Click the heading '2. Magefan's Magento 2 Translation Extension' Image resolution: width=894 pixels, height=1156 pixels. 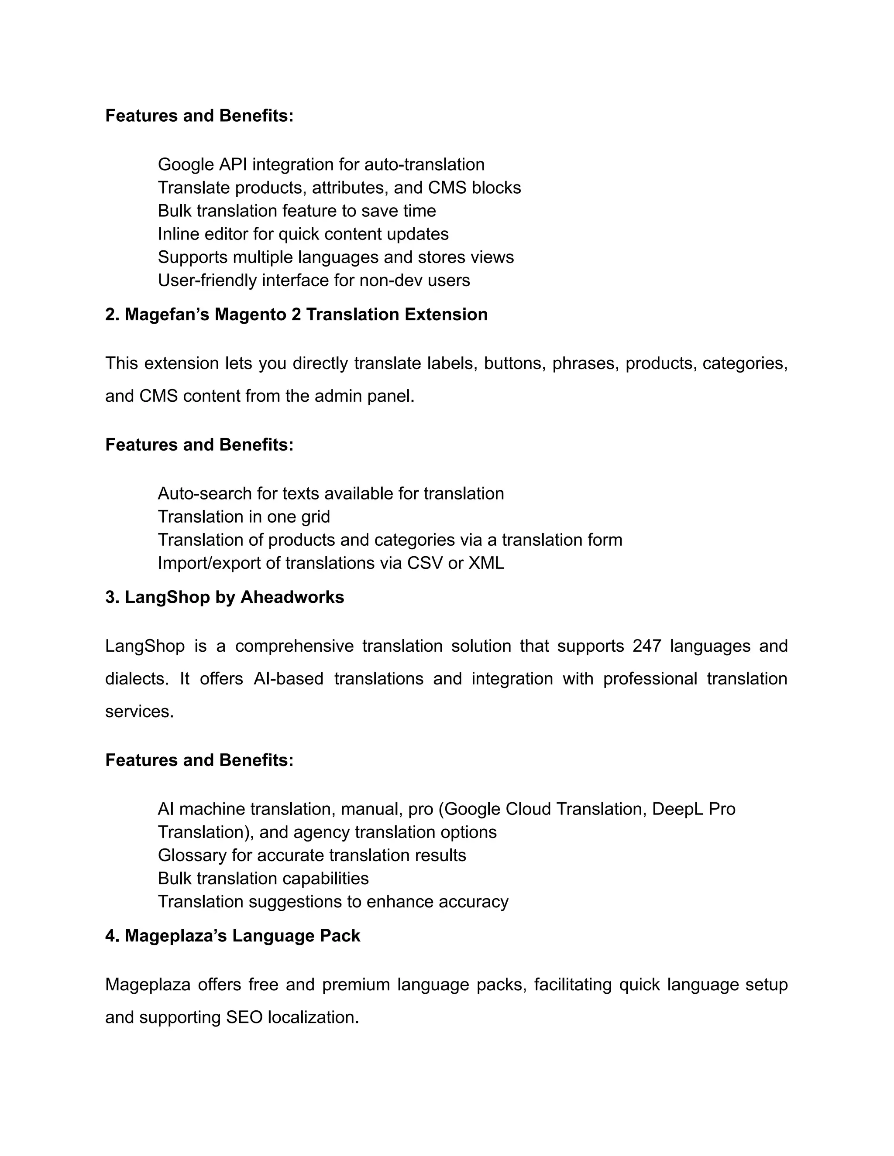(296, 315)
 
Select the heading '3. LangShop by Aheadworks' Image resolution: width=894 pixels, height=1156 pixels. (224, 597)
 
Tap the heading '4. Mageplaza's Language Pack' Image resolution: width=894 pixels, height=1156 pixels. (233, 936)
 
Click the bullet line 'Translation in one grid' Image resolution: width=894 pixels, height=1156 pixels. (244, 516)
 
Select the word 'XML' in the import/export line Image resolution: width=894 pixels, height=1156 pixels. (486, 563)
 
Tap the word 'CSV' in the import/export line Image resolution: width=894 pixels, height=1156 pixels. (425, 563)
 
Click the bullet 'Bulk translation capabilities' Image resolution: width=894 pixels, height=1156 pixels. (263, 878)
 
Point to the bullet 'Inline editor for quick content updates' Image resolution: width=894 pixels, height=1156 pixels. (303, 234)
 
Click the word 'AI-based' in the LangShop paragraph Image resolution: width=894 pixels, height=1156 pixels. (288, 679)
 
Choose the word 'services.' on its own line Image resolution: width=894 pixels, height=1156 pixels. (139, 711)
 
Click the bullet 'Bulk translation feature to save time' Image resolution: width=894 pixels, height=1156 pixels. (296, 211)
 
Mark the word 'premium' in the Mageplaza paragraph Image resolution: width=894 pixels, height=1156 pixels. (355, 985)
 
